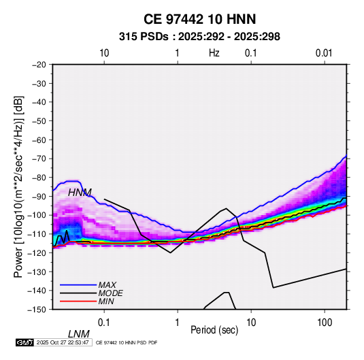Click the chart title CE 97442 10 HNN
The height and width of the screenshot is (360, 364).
(199, 19)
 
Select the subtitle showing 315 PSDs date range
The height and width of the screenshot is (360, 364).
(199, 37)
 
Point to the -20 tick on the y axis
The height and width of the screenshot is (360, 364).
(39, 65)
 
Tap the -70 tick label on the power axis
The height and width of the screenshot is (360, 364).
(39, 159)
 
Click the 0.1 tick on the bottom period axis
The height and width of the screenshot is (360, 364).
(104, 323)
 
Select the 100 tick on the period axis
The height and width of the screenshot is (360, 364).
(325, 323)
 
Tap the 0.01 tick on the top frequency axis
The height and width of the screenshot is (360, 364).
(324, 53)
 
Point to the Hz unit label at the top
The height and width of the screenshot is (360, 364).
(214, 53)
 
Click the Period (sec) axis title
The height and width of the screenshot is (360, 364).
(214, 330)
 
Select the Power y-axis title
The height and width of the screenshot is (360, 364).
(18, 186)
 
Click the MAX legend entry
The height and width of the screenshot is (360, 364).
(107, 284)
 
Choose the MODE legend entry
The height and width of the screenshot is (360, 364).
(110, 293)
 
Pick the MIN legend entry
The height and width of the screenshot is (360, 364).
(106, 301)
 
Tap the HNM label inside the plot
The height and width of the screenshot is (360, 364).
(80, 193)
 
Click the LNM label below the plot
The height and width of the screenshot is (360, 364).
(79, 334)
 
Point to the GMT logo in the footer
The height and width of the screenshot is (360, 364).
(24, 342)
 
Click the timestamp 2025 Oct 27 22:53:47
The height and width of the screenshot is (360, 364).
(63, 342)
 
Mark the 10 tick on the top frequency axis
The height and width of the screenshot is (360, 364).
(104, 53)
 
